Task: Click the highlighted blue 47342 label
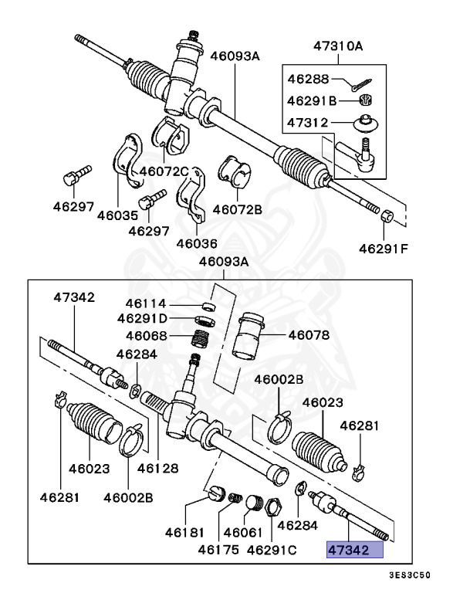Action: click(x=354, y=550)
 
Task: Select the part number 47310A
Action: click(x=337, y=46)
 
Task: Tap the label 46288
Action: click(x=308, y=80)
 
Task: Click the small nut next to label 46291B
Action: click(x=367, y=99)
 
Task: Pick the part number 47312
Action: click(x=308, y=122)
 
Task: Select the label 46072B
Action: click(x=237, y=208)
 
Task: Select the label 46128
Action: click(x=158, y=468)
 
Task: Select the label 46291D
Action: click(x=142, y=318)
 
